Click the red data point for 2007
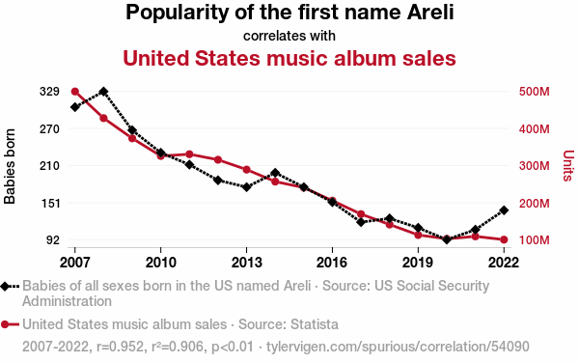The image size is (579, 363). click(75, 92)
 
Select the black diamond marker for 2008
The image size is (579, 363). click(104, 92)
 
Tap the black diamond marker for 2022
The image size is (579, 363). click(504, 210)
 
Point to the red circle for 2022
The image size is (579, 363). click(504, 240)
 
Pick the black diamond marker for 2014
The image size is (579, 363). click(275, 173)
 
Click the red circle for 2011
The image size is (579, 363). click(189, 154)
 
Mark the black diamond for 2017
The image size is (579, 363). click(361, 222)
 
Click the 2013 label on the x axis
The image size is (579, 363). click(246, 263)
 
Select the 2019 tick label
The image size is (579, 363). click(418, 263)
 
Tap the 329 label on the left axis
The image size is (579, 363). click(49, 92)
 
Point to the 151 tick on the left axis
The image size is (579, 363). click(49, 203)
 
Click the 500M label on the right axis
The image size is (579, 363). click(535, 92)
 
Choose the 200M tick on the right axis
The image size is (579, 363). click(535, 203)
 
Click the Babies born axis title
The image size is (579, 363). click(10, 166)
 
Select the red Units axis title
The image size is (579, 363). click(568, 166)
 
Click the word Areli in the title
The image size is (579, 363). click(430, 13)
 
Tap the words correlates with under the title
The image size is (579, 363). click(289, 36)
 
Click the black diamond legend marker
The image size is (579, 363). click(5, 286)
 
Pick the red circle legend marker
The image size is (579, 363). click(5, 324)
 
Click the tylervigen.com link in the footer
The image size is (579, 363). click(398, 347)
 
